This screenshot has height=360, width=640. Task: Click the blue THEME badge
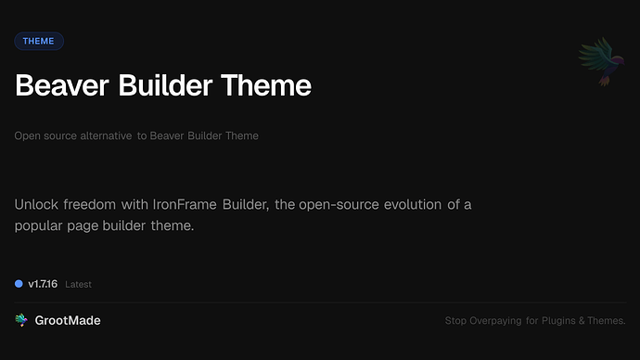click(x=39, y=41)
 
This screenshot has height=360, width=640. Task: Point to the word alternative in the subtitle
click(x=101, y=135)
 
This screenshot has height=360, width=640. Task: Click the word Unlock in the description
click(x=36, y=204)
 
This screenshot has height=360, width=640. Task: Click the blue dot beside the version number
click(x=19, y=284)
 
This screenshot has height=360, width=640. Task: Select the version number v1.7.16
click(x=43, y=284)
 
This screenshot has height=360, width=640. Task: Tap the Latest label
click(x=78, y=285)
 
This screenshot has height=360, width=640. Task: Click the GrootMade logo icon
click(x=21, y=320)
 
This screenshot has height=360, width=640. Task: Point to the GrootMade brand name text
click(x=68, y=320)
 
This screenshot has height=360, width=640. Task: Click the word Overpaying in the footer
click(x=498, y=322)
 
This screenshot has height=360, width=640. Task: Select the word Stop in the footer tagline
click(x=455, y=322)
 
